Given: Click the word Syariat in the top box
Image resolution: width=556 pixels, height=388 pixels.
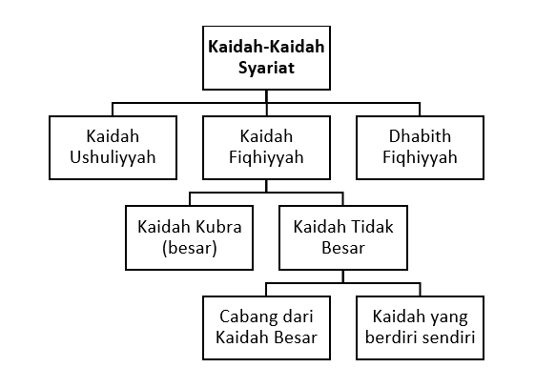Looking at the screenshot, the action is pos(266,68).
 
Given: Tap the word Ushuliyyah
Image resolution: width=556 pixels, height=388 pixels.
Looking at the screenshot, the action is pos(113,157).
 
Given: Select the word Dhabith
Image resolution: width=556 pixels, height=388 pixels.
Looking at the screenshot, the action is pos(420,136).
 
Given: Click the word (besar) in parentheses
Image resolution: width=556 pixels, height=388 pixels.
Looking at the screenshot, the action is pos(190,248).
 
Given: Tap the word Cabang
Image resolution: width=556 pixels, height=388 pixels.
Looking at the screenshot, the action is pos(246,317).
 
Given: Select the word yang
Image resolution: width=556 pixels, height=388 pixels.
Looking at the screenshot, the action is pos(452,317).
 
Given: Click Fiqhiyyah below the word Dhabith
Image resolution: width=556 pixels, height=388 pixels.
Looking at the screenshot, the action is pos(420,157).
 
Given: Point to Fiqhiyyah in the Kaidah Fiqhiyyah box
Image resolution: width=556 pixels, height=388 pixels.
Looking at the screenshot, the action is pos(266,157).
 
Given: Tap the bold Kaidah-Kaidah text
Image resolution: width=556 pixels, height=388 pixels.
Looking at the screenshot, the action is pos(266,47).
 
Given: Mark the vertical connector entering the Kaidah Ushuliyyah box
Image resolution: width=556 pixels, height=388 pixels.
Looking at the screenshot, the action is pos(113,110).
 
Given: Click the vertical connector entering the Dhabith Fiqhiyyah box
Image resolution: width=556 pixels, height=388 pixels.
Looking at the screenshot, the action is pos(420,110).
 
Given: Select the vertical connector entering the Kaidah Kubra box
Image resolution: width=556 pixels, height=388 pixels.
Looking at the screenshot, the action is pos(190,199).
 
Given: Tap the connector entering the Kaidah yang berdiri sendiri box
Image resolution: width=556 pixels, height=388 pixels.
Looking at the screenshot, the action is pos(421,290).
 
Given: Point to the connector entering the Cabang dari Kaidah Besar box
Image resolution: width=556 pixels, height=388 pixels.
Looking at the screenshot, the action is pos(266,290).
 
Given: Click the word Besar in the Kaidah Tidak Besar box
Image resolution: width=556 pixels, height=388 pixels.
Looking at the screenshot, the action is pos(343,248).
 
